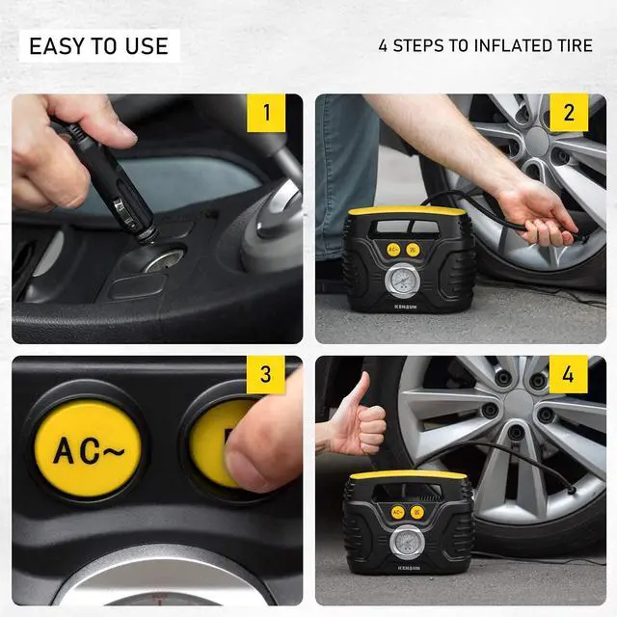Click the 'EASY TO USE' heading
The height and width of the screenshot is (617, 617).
pyautogui.click(x=98, y=45)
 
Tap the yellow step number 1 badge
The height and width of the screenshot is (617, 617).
pyautogui.click(x=266, y=113)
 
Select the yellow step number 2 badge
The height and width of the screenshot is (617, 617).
pyautogui.click(x=569, y=113)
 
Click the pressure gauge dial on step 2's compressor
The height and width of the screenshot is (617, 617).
pyautogui.click(x=399, y=283)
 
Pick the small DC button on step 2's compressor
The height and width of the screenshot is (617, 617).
pyautogui.click(x=414, y=249)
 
